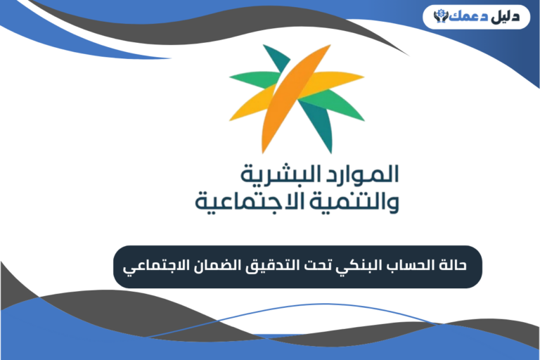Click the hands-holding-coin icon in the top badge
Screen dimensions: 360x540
(442, 15)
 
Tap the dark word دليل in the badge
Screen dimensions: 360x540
(503, 15)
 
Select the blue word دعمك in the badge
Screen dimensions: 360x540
(468, 15)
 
